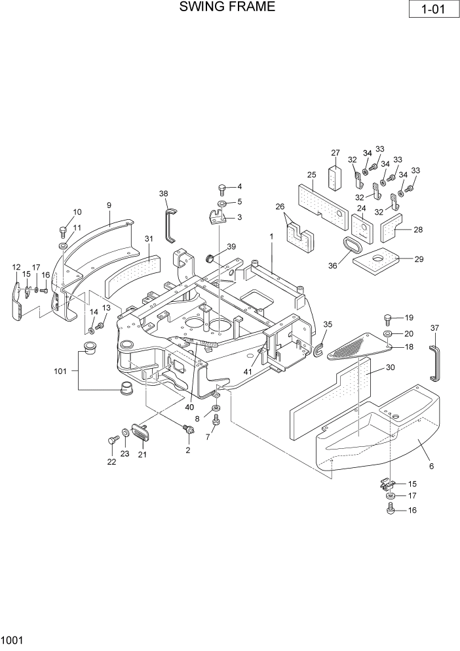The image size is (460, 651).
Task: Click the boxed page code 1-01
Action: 432,10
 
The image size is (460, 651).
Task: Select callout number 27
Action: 335,153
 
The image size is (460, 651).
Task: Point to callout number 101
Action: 60,371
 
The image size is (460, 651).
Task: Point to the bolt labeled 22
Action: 110,442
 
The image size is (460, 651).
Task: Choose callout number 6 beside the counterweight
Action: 431,467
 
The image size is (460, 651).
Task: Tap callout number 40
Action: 189,406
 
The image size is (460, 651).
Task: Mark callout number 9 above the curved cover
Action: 109,205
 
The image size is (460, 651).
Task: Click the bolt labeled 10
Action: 64,231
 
